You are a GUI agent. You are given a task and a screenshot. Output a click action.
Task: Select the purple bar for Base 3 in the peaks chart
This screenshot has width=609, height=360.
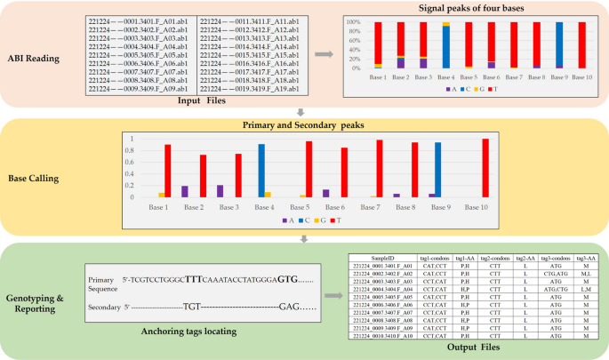pos(220,191)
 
